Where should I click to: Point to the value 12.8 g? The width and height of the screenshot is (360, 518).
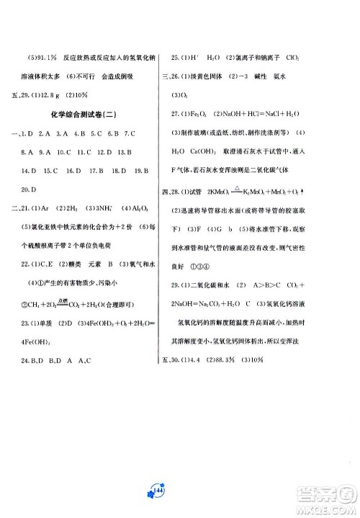pyautogui.click(x=55, y=95)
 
